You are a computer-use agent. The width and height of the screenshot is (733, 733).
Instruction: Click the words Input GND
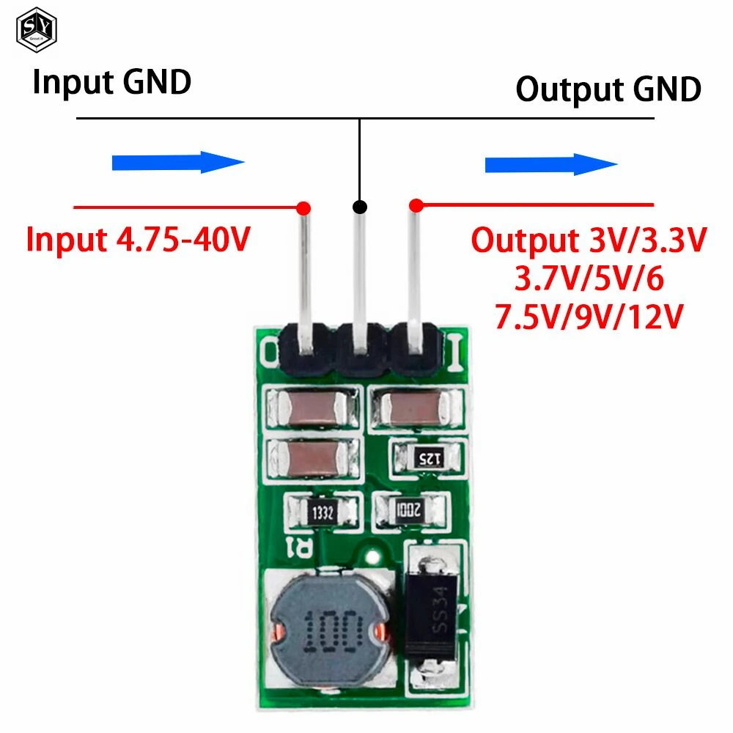[x=111, y=82]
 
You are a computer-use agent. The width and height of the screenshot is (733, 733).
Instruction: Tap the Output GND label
[x=608, y=89]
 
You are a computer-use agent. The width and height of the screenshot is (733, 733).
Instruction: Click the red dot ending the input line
[x=304, y=208]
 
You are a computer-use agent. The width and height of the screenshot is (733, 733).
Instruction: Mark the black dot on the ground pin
[x=359, y=207]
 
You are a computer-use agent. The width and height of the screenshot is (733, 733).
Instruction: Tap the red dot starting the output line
[x=416, y=205]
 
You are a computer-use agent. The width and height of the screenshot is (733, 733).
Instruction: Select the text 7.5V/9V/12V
[x=589, y=318]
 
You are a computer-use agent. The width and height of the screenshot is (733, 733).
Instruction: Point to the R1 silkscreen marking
[x=301, y=546]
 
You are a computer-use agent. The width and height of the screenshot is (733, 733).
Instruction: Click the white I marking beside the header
[x=454, y=353]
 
